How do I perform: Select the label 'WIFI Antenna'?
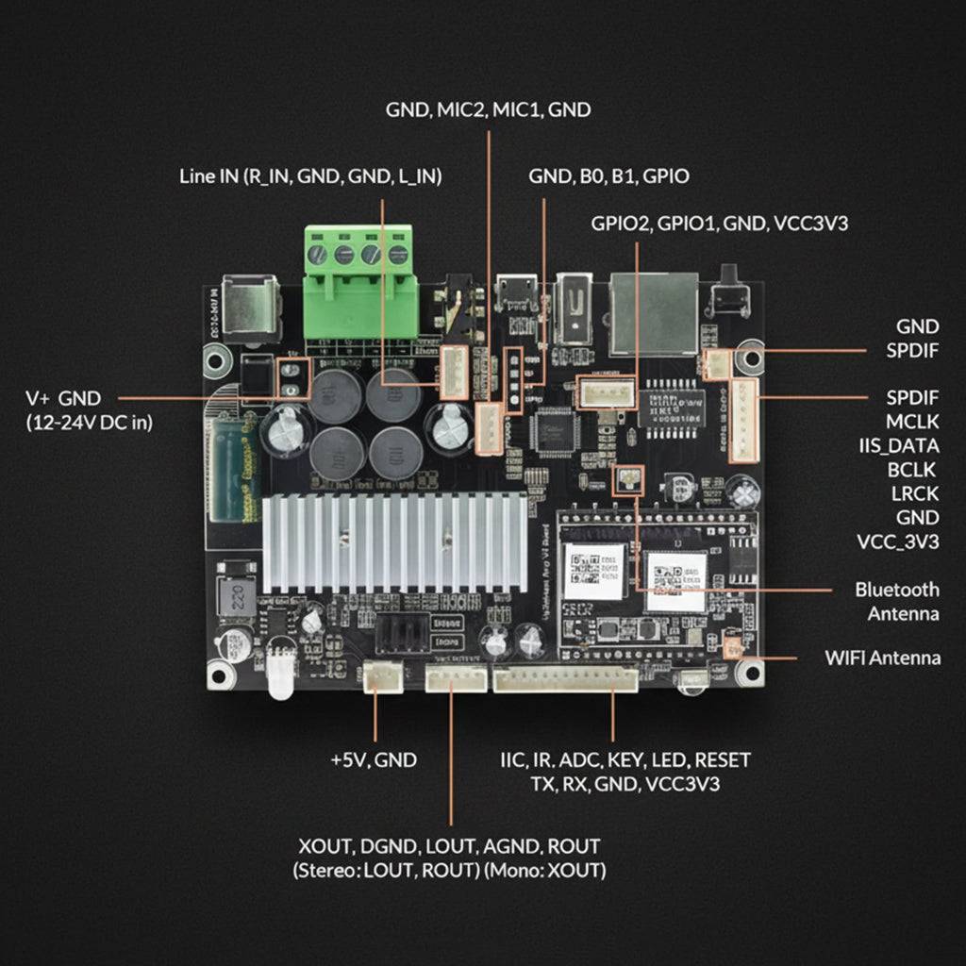pyautogui.click(x=882, y=658)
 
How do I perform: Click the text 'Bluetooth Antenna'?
pyautogui.click(x=896, y=602)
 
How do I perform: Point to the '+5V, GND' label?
pyautogui.click(x=374, y=759)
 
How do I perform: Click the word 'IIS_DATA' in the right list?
pyautogui.click(x=898, y=444)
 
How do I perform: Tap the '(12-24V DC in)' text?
pyautogui.click(x=89, y=423)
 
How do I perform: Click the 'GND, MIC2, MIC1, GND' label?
pyautogui.click(x=488, y=109)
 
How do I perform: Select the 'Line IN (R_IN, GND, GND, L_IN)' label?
pyautogui.click(x=310, y=176)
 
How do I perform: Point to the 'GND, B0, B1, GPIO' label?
pyautogui.click(x=608, y=176)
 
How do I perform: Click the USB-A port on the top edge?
pyautogui.click(x=575, y=307)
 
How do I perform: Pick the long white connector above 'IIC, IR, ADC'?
pyautogui.click(x=565, y=679)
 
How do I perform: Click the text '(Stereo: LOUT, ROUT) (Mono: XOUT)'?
pyautogui.click(x=448, y=870)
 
